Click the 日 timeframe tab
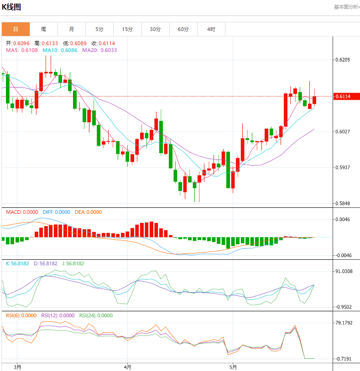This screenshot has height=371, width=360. click(16, 29)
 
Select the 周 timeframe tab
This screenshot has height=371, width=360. click(43, 29)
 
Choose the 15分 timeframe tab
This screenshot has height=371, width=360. click(127, 29)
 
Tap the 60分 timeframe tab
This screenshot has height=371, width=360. click(183, 29)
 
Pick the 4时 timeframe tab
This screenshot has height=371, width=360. click(211, 29)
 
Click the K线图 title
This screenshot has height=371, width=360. click(12, 7)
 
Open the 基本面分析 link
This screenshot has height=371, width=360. click(346, 7)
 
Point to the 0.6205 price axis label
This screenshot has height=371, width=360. click(342, 60)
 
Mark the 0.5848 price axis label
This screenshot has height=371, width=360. click(342, 203)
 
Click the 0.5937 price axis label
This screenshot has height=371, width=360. click(342, 167)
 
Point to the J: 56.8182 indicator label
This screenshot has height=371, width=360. click(73, 263)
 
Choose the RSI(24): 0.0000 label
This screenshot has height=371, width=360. click(96, 315)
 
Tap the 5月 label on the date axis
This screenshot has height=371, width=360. click(233, 367)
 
